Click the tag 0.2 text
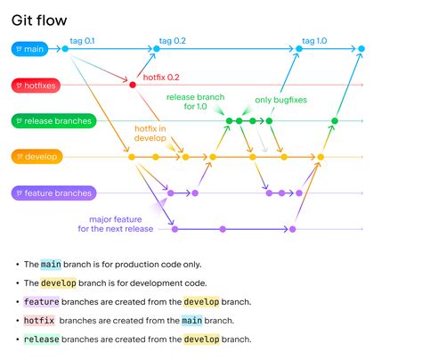click(x=172, y=41)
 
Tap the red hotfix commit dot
click(x=133, y=85)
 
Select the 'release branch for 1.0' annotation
click(x=196, y=101)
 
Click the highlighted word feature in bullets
click(x=41, y=302)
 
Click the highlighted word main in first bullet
click(x=52, y=265)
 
